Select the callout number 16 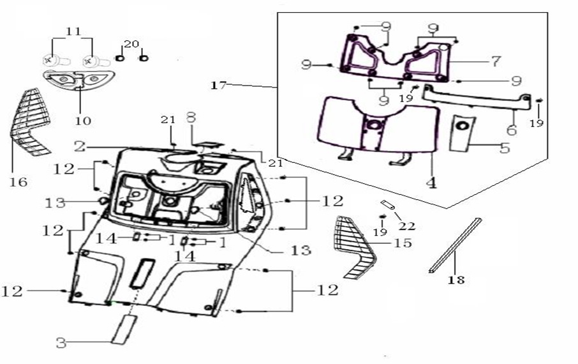point(19,182)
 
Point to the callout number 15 point(403,243)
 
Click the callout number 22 point(406,226)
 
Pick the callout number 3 point(61,343)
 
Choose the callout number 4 point(432,183)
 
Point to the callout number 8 point(190,118)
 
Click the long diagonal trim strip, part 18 point(456,245)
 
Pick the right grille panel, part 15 point(353,246)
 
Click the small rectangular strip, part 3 point(121,328)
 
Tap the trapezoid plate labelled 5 point(462,133)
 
